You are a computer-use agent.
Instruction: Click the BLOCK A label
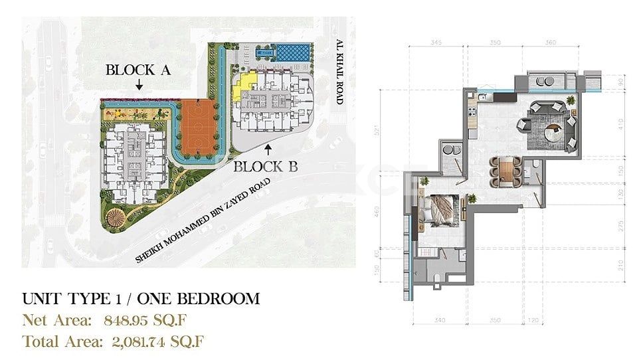point(138,70)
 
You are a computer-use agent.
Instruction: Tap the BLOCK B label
point(265,167)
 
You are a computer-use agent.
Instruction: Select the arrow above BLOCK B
point(267,150)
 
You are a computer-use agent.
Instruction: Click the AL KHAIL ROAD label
point(339,72)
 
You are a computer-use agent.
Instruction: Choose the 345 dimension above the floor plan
point(436,43)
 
